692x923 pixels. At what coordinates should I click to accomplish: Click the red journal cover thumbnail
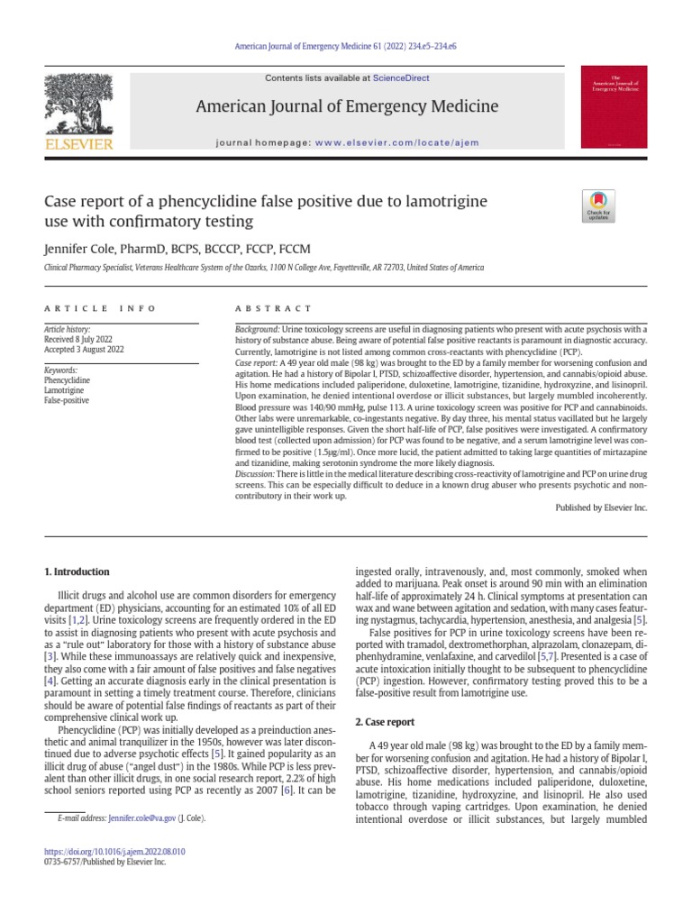615,106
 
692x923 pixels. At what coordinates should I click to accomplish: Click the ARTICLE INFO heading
100,308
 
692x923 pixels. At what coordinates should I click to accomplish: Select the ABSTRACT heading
274,308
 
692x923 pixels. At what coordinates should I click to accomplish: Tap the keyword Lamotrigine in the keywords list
65,390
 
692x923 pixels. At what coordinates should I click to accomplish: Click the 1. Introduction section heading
77,571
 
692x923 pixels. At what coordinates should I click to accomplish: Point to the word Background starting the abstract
256,331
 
